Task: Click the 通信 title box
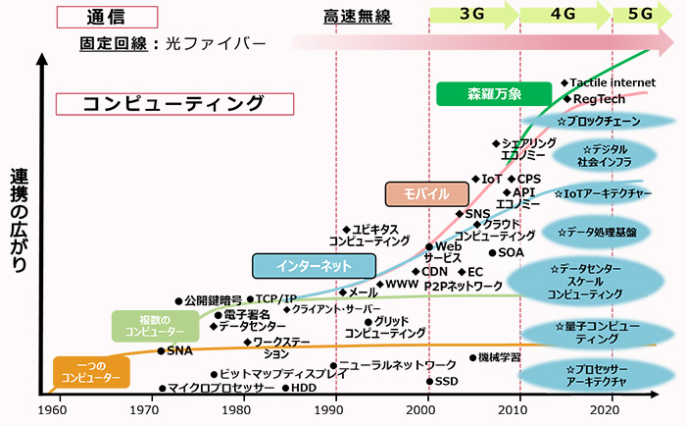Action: click(x=106, y=17)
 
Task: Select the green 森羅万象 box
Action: click(x=487, y=94)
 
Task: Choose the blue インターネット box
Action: click(x=314, y=266)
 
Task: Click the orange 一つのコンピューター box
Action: click(x=89, y=371)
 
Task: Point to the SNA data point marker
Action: click(x=162, y=350)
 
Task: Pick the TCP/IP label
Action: click(x=275, y=298)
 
